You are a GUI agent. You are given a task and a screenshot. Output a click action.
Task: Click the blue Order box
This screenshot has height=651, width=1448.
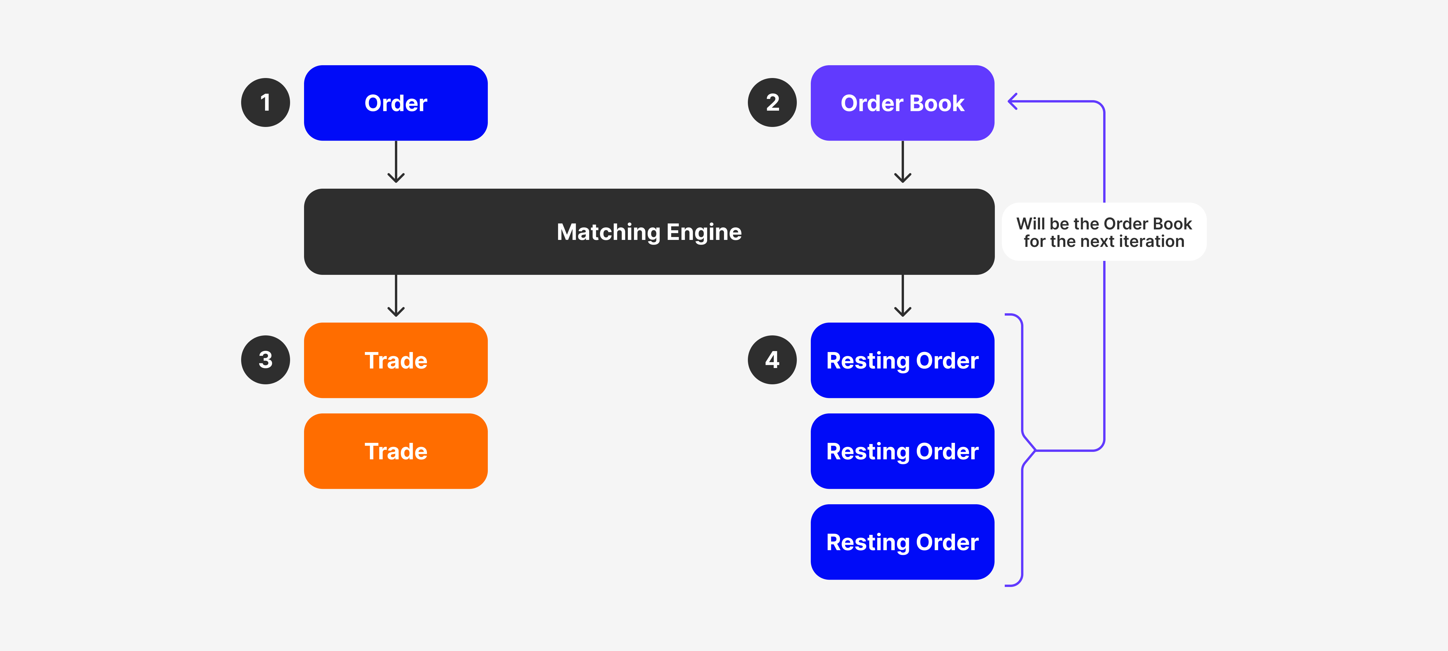(x=396, y=103)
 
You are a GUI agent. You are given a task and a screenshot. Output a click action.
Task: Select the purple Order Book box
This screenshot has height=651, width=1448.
(x=902, y=103)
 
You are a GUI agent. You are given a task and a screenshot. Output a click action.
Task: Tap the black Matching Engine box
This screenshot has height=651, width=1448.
(x=649, y=232)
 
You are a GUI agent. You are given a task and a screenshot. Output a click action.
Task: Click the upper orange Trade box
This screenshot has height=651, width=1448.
(x=396, y=360)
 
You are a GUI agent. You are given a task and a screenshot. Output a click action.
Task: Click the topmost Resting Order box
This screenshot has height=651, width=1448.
(x=902, y=360)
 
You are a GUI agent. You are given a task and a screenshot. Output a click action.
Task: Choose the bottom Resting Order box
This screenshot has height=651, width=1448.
(x=902, y=542)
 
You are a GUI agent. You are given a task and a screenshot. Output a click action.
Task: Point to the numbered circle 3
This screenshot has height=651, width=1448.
(x=265, y=360)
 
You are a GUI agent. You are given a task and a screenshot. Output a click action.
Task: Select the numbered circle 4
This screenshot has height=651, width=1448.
(x=772, y=360)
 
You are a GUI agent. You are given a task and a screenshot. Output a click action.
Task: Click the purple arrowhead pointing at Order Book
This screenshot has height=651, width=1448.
(x=1013, y=102)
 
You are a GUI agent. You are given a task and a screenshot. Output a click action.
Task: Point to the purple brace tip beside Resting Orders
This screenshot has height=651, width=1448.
(x=1034, y=450)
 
